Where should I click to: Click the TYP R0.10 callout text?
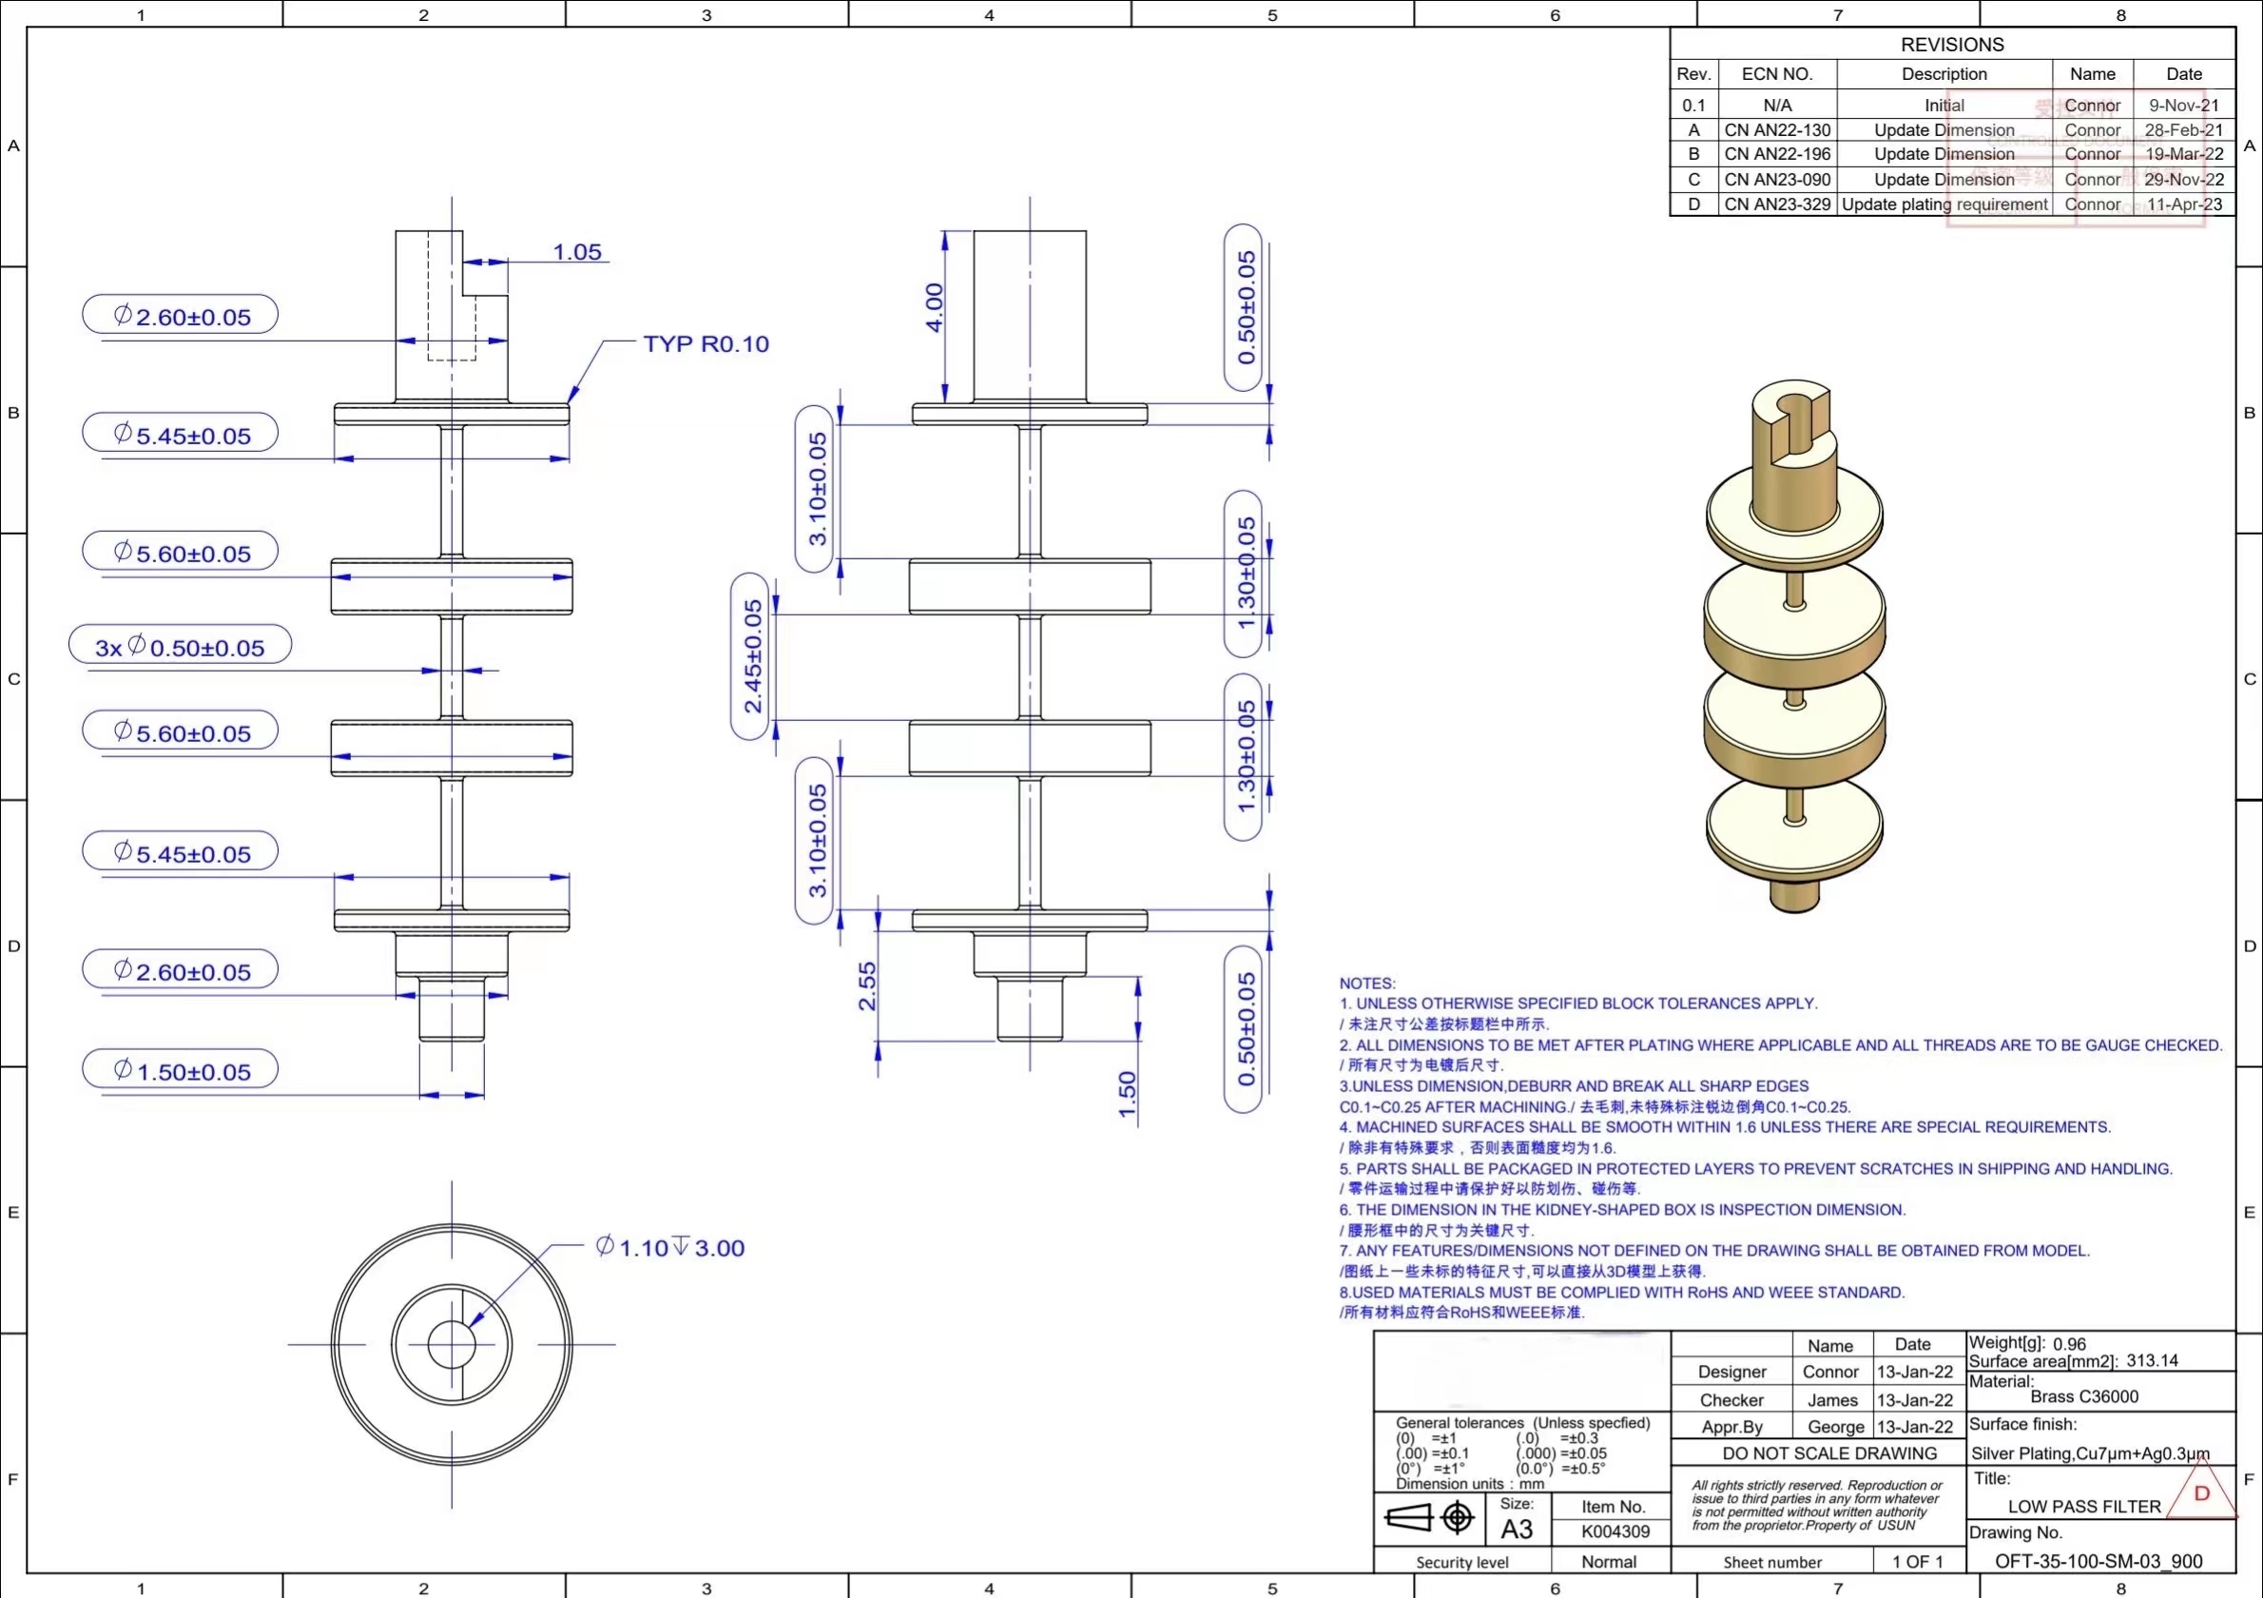(x=706, y=344)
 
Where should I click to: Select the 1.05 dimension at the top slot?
(x=576, y=252)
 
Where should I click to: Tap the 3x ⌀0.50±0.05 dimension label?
(x=181, y=647)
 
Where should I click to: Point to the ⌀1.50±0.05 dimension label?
(x=182, y=1071)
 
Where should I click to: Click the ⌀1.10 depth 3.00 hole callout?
(x=670, y=1248)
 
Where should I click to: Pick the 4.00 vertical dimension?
(x=934, y=307)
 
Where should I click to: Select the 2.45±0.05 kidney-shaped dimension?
(x=752, y=655)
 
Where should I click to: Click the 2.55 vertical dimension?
(x=867, y=985)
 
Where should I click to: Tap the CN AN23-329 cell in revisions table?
(x=1777, y=205)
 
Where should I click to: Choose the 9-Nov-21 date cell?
(x=2183, y=106)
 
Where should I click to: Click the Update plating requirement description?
(x=1944, y=205)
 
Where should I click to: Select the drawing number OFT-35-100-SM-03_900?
(x=2098, y=1562)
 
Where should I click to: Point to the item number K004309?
(x=1615, y=1532)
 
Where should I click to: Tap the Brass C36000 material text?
(x=2083, y=1397)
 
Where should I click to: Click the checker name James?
(x=1831, y=1400)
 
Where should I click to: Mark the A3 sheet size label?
(x=1516, y=1529)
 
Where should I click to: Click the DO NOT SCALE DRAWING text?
(x=1829, y=1453)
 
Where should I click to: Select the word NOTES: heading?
(x=1366, y=983)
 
